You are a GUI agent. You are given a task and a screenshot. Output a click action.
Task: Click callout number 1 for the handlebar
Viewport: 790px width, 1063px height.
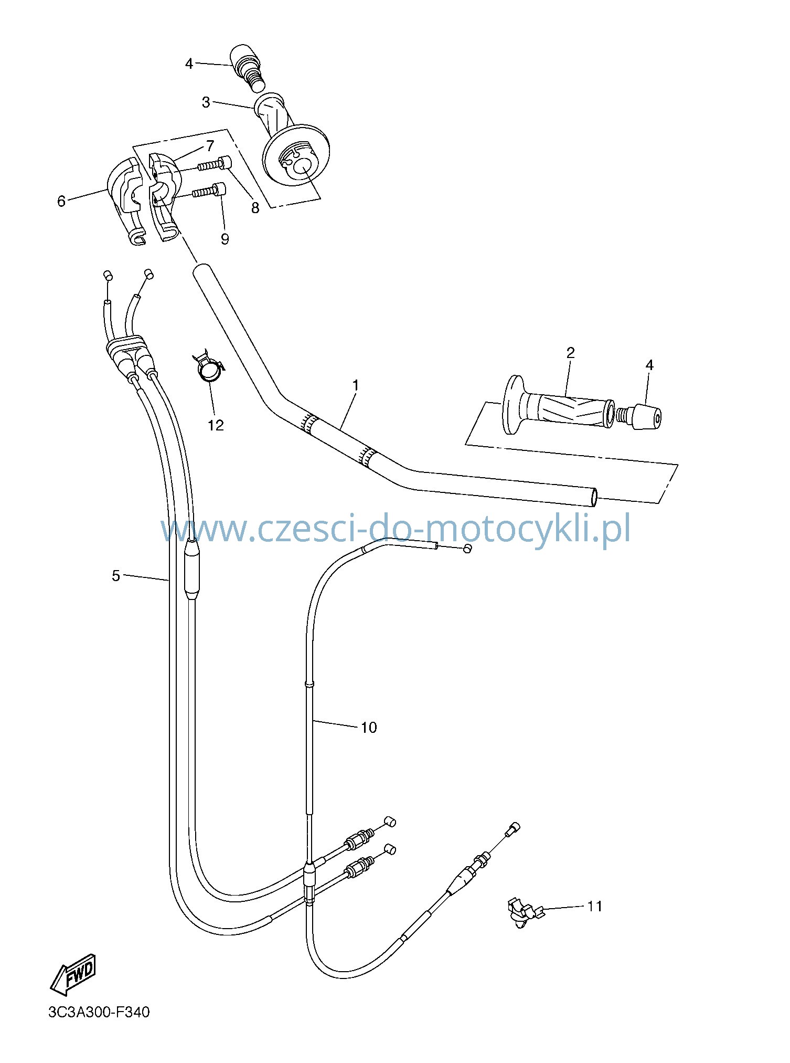click(x=356, y=385)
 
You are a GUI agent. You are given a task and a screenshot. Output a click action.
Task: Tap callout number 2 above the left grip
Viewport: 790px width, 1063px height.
click(x=571, y=353)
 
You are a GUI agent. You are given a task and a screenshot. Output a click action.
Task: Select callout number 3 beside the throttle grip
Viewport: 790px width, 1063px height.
click(x=206, y=102)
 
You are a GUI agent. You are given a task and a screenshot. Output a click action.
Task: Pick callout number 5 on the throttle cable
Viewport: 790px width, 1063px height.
click(x=116, y=576)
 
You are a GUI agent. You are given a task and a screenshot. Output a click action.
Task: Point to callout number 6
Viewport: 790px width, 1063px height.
click(x=61, y=201)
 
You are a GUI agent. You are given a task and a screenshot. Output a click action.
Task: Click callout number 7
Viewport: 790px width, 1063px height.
click(x=210, y=145)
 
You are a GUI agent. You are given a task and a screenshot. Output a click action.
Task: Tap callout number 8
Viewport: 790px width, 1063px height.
click(x=255, y=208)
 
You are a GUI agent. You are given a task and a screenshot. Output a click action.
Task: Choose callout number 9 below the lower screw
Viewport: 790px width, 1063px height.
click(x=225, y=239)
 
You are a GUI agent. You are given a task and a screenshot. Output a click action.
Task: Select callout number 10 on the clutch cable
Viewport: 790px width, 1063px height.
click(x=369, y=727)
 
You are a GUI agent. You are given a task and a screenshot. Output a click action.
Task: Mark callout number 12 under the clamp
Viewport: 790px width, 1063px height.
click(x=216, y=425)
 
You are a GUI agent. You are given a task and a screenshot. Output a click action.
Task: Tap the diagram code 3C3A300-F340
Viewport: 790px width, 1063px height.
click(x=99, y=1026)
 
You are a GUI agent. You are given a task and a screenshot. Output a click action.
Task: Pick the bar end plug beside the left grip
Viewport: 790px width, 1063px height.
click(x=639, y=416)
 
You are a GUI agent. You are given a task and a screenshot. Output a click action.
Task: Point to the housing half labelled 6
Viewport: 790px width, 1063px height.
click(x=126, y=201)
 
